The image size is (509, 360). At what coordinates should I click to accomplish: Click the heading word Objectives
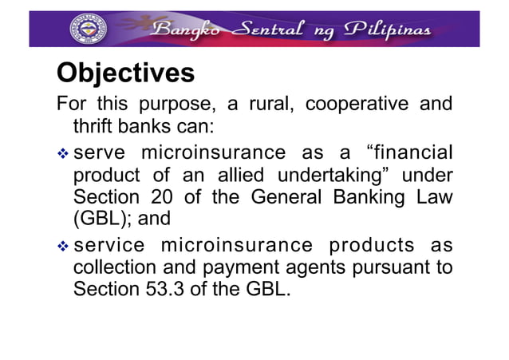[x=125, y=73]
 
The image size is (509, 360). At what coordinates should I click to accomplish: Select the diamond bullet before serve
[x=62, y=152]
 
